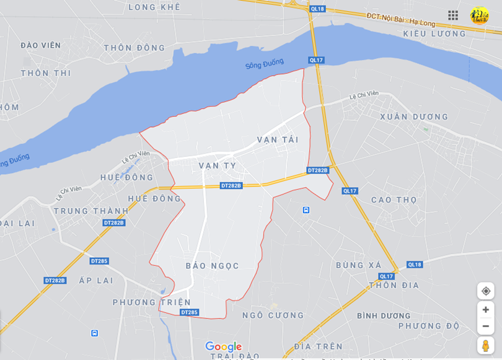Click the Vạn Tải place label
278,139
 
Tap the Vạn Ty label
218,165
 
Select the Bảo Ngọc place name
213,266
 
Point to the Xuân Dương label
414,116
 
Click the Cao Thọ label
394,200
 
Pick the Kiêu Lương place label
434,33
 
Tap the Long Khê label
154,7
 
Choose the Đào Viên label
41,45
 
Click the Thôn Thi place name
46,73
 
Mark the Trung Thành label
90,211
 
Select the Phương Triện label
152,302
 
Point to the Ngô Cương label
273,315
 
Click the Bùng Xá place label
359,265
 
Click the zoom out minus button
486,326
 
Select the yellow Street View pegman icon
486,345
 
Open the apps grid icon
453,15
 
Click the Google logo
223,347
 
